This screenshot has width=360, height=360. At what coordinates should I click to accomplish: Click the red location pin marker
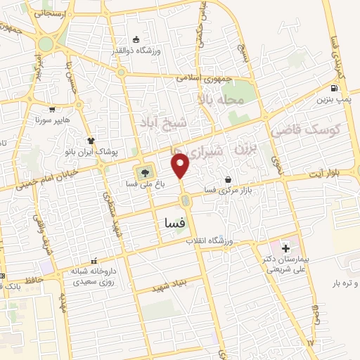pos(181,167)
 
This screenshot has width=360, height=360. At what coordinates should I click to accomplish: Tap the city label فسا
pos(174,222)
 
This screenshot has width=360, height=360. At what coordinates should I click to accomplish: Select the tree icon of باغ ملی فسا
pos(145,172)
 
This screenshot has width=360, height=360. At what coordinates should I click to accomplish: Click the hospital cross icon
pos(285,248)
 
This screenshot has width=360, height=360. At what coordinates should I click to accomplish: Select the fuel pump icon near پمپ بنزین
pos(333,89)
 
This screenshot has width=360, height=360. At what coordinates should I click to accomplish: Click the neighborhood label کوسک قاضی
pos(313,130)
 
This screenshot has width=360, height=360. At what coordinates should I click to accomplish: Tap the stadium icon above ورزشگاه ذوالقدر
pos(137,39)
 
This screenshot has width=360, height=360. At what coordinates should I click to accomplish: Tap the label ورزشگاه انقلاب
pos(209,241)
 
